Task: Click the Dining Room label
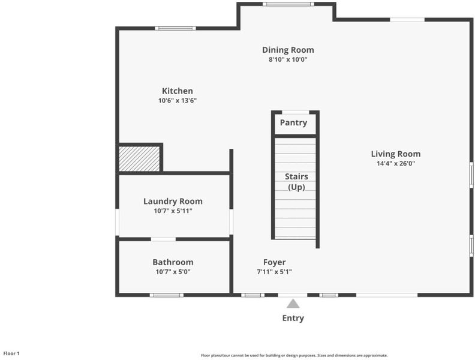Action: tap(288, 50)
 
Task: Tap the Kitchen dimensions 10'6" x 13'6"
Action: tap(178, 101)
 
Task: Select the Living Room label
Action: tap(396, 154)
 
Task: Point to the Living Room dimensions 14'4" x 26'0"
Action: tap(396, 164)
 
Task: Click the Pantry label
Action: tap(293, 123)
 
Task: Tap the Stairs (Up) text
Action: tap(296, 182)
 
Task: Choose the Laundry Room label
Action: tap(173, 202)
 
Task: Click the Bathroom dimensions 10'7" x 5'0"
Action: tap(173, 272)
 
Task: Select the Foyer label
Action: tap(274, 262)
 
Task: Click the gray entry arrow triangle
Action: tap(293, 304)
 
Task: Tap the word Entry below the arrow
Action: tap(293, 318)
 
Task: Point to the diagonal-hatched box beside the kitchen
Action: tap(139, 159)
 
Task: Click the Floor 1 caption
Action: tap(11, 353)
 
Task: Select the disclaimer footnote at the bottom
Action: tap(294, 355)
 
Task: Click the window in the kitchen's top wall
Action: tap(175, 28)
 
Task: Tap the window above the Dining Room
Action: tap(288, 4)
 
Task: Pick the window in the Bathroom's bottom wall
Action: tap(167, 295)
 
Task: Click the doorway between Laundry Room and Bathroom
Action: tap(163, 239)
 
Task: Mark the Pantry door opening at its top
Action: tap(296, 112)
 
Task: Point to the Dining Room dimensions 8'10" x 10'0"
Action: tap(288, 59)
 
